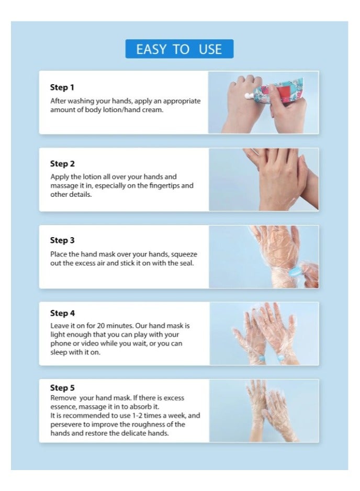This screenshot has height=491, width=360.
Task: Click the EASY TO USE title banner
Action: point(179,49)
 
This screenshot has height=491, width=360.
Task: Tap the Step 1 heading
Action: point(62,87)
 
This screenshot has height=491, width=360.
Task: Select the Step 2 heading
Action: point(62,164)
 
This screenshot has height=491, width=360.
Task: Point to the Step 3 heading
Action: point(62,240)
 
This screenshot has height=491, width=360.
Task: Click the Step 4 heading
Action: point(62,313)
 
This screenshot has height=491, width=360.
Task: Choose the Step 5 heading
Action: point(62,388)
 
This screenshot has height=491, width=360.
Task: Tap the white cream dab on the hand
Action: point(248,96)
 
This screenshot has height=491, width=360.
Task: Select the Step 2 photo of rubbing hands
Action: point(264,180)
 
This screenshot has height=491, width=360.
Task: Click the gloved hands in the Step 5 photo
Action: point(267,411)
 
